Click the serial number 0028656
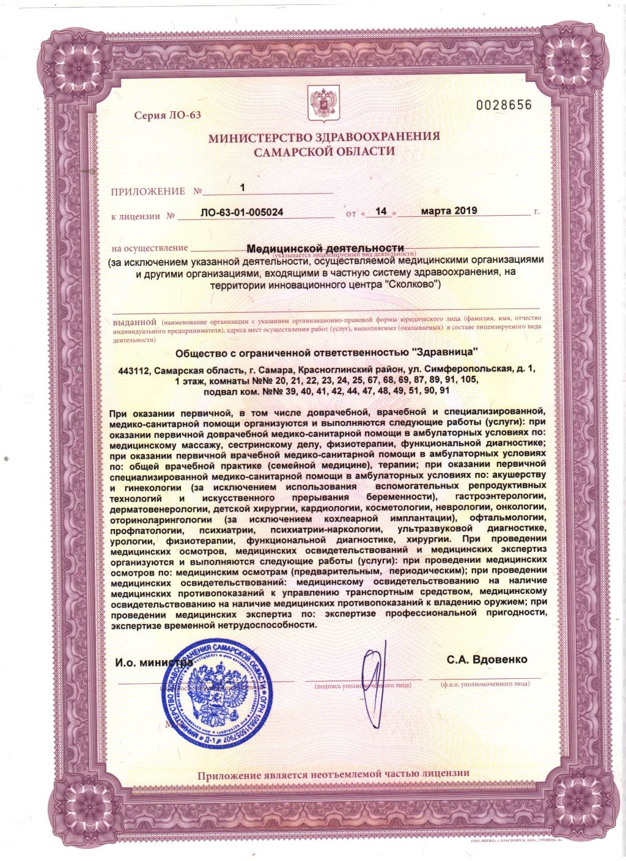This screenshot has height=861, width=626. pos(504,105)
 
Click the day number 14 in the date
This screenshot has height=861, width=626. pos(381,211)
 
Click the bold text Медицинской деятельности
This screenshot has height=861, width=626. pos(325,249)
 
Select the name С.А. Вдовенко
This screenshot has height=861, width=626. pos(487,660)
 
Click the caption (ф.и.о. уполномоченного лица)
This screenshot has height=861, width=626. pos(485,686)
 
